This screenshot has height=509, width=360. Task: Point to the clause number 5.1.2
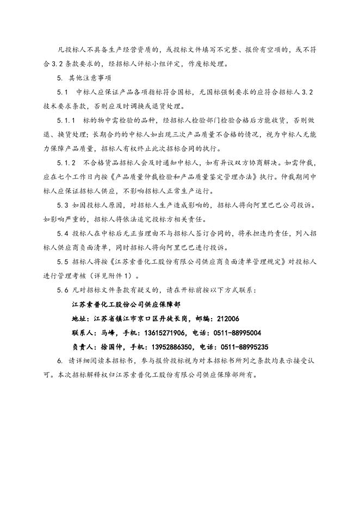coord(67,163)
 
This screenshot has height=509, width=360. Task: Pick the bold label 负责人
coord(82,346)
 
